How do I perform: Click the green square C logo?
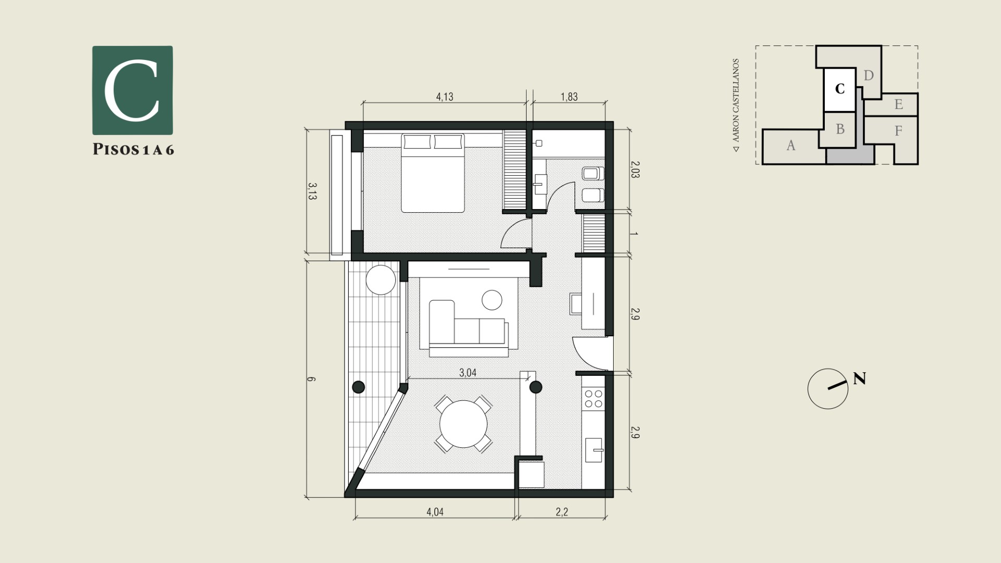pyautogui.click(x=132, y=90)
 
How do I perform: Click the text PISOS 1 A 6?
pyautogui.click(x=133, y=150)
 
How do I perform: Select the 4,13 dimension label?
pyautogui.click(x=445, y=97)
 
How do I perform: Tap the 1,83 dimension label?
pyautogui.click(x=569, y=97)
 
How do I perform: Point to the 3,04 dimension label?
pyautogui.click(x=468, y=373)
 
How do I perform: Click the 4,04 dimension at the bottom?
pyautogui.click(x=435, y=512)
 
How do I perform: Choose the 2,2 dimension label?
pyautogui.click(x=561, y=512)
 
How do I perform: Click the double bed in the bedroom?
pyautogui.click(x=433, y=173)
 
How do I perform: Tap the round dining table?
pyautogui.click(x=463, y=424)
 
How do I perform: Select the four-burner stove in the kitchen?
pyautogui.click(x=593, y=399)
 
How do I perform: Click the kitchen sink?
pyautogui.click(x=595, y=450)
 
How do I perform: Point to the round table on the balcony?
pyautogui.click(x=381, y=280)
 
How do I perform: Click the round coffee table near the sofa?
pyautogui.click(x=492, y=300)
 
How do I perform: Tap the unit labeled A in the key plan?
pyautogui.click(x=791, y=146)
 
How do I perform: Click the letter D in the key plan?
pyautogui.click(x=869, y=76)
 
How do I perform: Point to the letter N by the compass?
pyautogui.click(x=859, y=378)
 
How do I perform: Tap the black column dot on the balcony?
pyautogui.click(x=358, y=387)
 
